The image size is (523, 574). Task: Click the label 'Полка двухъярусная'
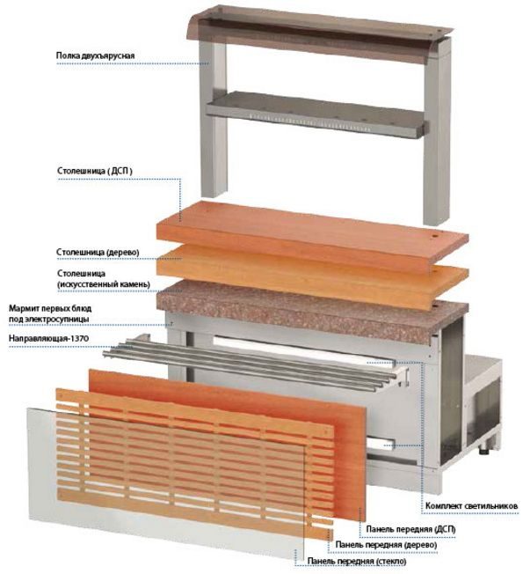(95, 55)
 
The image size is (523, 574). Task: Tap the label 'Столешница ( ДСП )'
(95, 171)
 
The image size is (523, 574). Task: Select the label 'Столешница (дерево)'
(98, 252)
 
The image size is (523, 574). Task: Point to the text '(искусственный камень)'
(104, 284)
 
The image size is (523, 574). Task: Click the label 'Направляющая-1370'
(48, 338)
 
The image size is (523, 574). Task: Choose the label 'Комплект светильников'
(471, 506)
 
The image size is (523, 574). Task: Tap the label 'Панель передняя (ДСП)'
(410, 529)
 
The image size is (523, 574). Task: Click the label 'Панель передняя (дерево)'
(386, 545)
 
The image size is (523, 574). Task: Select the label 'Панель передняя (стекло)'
(357, 561)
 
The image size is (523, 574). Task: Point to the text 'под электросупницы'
(49, 319)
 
